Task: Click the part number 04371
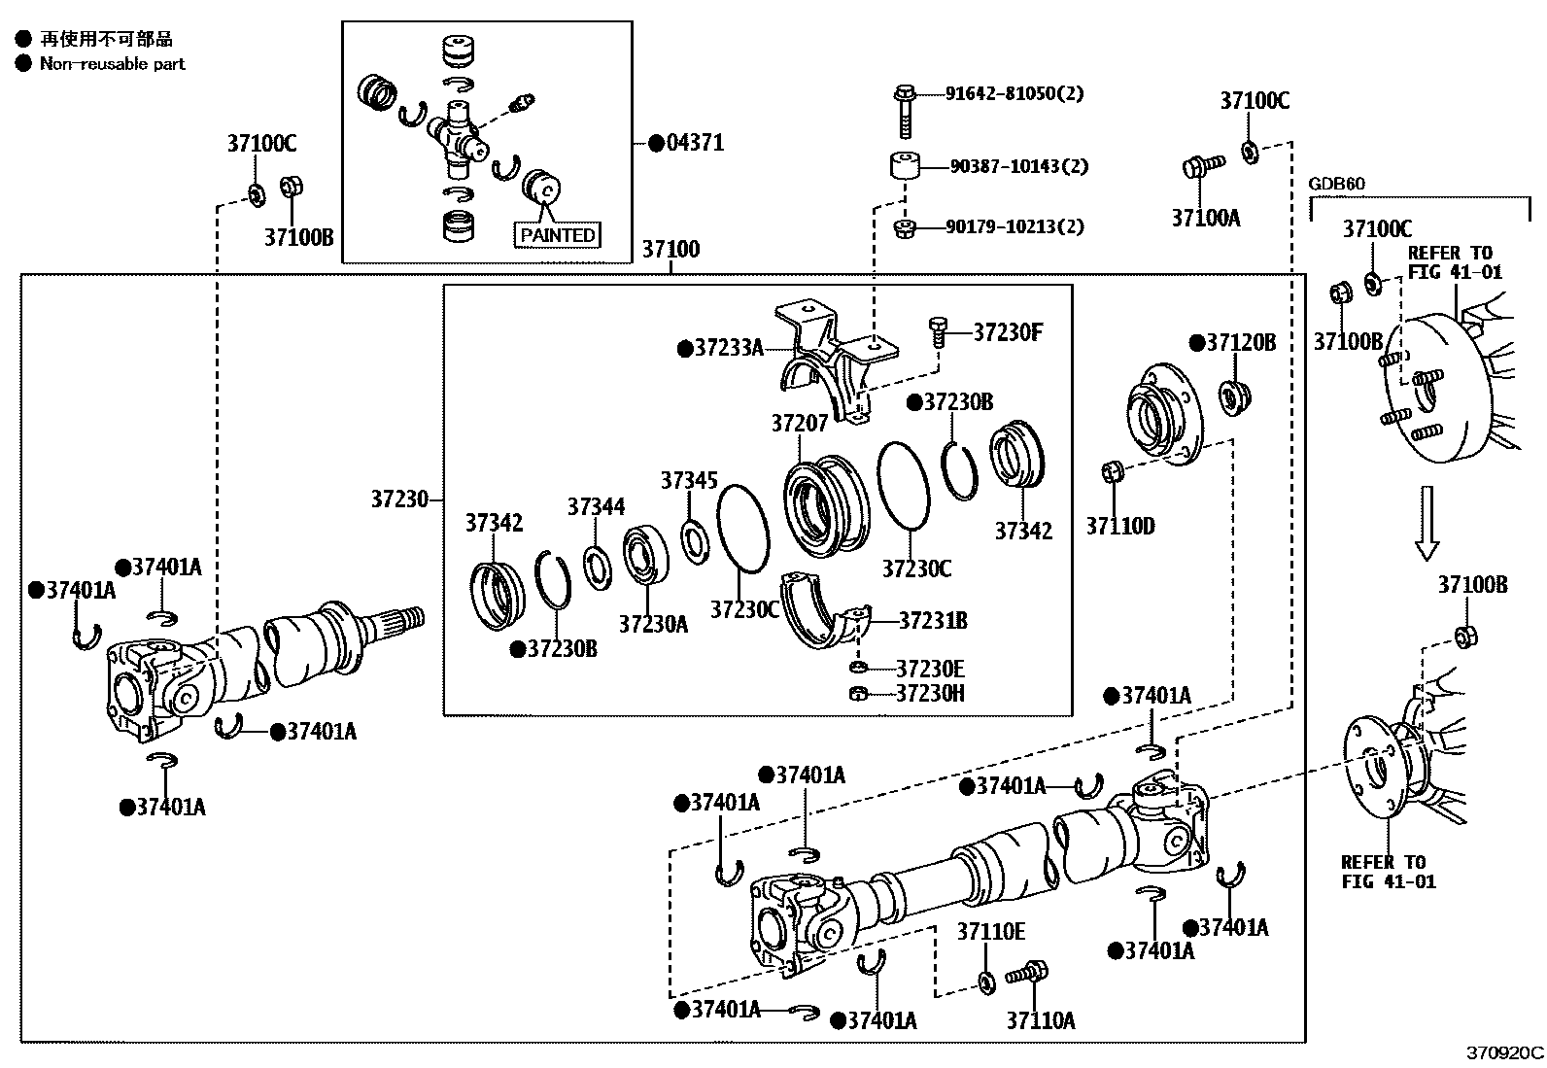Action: point(696,143)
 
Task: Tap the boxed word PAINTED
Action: point(558,235)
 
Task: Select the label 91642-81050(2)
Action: point(1014,93)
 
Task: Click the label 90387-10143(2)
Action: point(1019,166)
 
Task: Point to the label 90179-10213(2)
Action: point(1014,226)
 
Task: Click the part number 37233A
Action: point(730,348)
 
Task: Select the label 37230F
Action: point(1009,333)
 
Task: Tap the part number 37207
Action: point(800,423)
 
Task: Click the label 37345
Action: point(689,480)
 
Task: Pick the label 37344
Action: point(596,507)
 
